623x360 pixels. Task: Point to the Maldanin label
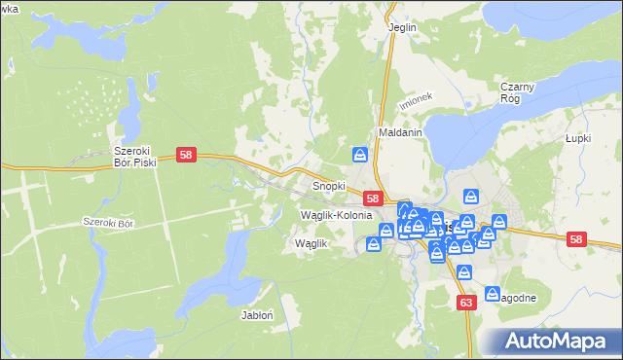400,131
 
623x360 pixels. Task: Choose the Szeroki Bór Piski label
135,157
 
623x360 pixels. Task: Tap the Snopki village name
328,185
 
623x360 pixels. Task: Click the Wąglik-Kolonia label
337,214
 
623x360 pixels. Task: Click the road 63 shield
465,303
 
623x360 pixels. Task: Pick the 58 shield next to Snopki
373,198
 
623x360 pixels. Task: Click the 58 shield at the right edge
577,239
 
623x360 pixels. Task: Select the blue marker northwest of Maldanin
360,155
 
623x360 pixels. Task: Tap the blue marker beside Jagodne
493,293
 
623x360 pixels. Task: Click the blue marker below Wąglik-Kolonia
374,243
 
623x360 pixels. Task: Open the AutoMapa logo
560,341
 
